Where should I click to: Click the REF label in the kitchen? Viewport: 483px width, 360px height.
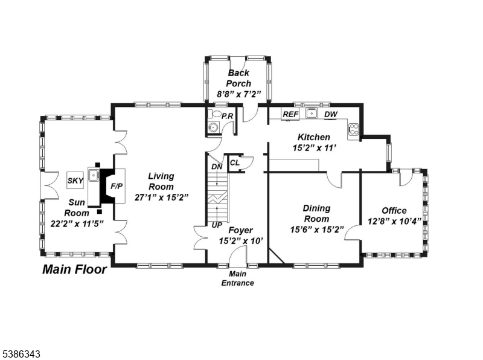(x=290, y=114)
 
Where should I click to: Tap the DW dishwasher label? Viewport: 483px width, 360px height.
(x=330, y=114)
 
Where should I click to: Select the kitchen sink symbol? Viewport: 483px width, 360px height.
(x=311, y=114)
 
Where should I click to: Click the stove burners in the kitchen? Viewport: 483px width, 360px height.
(x=354, y=128)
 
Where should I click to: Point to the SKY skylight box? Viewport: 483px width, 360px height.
(x=75, y=180)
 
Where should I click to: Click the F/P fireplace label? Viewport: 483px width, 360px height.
(x=116, y=186)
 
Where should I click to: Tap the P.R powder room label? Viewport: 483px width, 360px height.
(x=228, y=116)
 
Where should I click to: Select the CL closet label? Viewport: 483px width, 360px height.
(x=235, y=162)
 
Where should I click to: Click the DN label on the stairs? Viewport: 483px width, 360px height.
(x=217, y=167)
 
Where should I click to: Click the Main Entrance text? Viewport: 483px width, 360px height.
(x=237, y=278)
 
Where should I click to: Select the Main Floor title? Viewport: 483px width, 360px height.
(x=74, y=269)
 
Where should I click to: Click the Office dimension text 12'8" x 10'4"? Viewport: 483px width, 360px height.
(x=394, y=221)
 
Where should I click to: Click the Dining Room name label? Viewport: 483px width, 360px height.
(x=316, y=213)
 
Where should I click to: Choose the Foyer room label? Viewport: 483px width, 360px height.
(x=240, y=230)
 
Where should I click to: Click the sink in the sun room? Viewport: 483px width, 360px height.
(x=93, y=176)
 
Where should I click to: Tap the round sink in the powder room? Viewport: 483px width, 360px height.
(x=213, y=127)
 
